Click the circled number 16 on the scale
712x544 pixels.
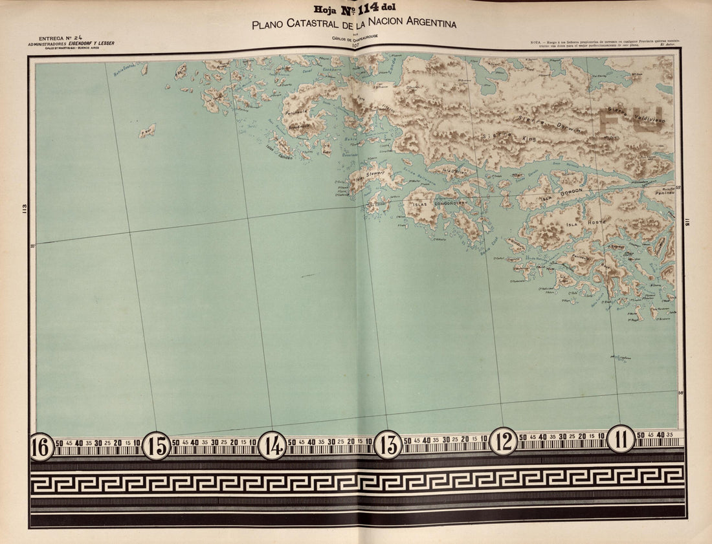(x=41, y=446)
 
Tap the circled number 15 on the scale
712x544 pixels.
(x=156, y=446)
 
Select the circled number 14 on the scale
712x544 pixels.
(x=273, y=445)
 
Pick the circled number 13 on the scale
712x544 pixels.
(x=388, y=444)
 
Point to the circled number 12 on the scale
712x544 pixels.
(x=503, y=441)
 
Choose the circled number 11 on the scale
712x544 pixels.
(x=621, y=439)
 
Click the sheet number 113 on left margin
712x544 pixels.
(x=25, y=208)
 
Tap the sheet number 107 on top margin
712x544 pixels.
(x=355, y=45)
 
